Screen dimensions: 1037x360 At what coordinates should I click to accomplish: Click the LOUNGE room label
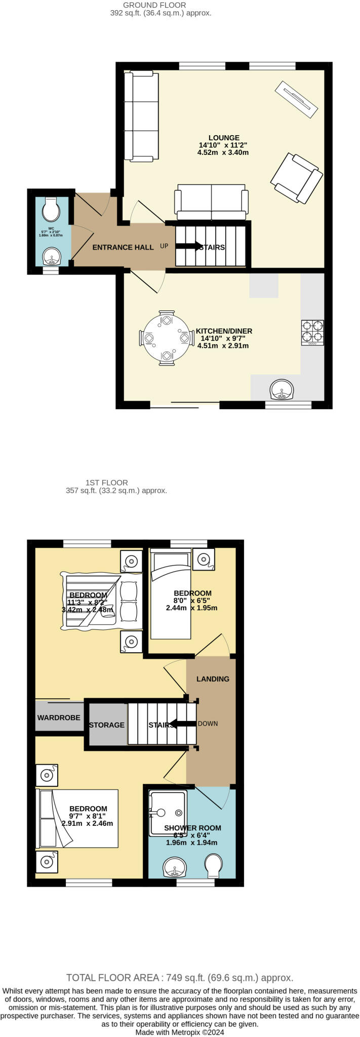coord(224,138)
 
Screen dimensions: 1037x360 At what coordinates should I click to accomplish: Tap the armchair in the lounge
coord(297,178)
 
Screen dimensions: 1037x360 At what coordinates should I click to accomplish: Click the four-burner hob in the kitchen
coord(312,333)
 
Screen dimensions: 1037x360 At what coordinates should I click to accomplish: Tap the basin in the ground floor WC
coord(51,257)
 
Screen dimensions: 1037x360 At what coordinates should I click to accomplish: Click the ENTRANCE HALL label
coord(123,248)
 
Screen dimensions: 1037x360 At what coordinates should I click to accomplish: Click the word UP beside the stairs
coord(164,247)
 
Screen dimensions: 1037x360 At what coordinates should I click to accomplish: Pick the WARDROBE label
coord(59,717)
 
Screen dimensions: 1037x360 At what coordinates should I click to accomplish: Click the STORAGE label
coord(106,725)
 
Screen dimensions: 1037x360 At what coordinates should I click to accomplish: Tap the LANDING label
coord(213,679)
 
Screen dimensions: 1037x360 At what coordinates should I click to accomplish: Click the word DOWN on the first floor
coord(208,724)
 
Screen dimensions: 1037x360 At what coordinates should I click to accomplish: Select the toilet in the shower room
coord(213,866)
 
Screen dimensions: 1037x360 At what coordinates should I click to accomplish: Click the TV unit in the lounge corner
coord(296,100)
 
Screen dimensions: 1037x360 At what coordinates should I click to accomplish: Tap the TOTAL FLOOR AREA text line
coord(180,978)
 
